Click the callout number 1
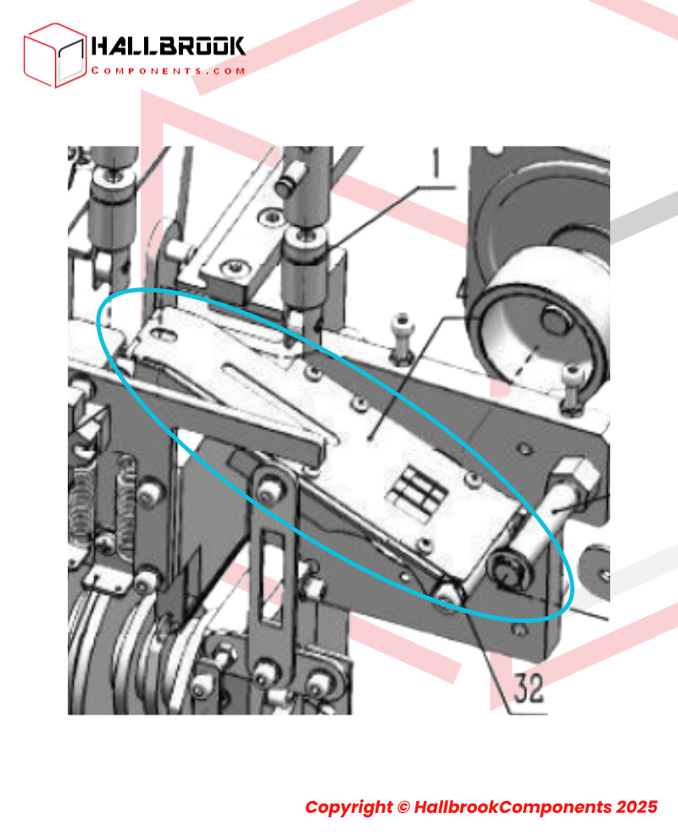point(436,163)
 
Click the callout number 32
point(529,688)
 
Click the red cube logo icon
point(54,55)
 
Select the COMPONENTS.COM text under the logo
point(168,70)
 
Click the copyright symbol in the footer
point(403,807)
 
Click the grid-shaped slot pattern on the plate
point(420,490)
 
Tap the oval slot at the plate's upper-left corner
point(164,334)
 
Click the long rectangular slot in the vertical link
point(273,579)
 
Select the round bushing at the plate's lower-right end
point(507,571)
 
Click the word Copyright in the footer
point(348,807)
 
